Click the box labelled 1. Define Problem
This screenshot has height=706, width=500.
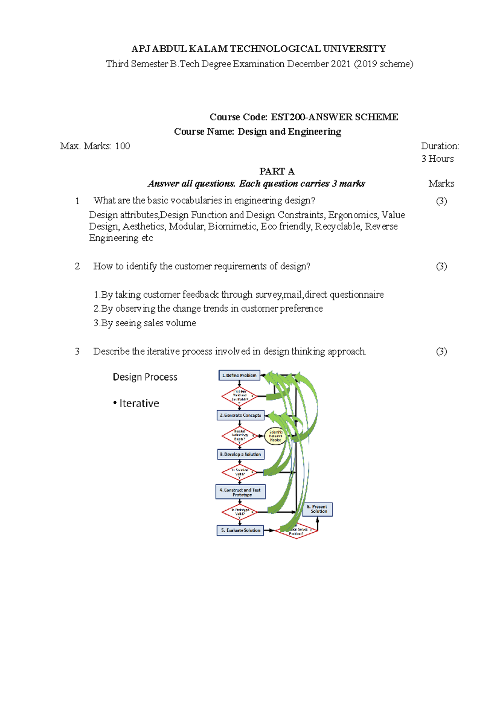tap(239, 375)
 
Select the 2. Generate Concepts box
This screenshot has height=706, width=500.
tap(240, 415)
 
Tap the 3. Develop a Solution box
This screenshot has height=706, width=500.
tap(240, 454)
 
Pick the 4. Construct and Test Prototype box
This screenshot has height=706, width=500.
tap(240, 492)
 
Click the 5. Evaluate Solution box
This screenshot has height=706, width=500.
tap(240, 531)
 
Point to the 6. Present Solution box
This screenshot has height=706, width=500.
tap(320, 509)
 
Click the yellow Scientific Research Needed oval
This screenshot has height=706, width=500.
tap(275, 436)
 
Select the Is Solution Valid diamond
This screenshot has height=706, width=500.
tap(240, 472)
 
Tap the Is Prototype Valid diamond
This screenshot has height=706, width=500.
tap(240, 512)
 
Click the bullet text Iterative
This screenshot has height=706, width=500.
tap(139, 403)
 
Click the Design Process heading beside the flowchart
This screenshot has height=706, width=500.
tap(145, 377)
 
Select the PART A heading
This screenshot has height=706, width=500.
tap(277, 171)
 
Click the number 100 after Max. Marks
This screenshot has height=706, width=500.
tap(122, 146)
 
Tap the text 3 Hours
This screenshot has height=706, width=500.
tap(437, 159)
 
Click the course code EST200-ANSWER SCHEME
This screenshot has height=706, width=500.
tap(334, 117)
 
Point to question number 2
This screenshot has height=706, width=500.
tap(77, 266)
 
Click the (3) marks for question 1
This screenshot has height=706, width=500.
tap(441, 201)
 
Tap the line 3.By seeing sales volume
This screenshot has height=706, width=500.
tap(145, 323)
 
